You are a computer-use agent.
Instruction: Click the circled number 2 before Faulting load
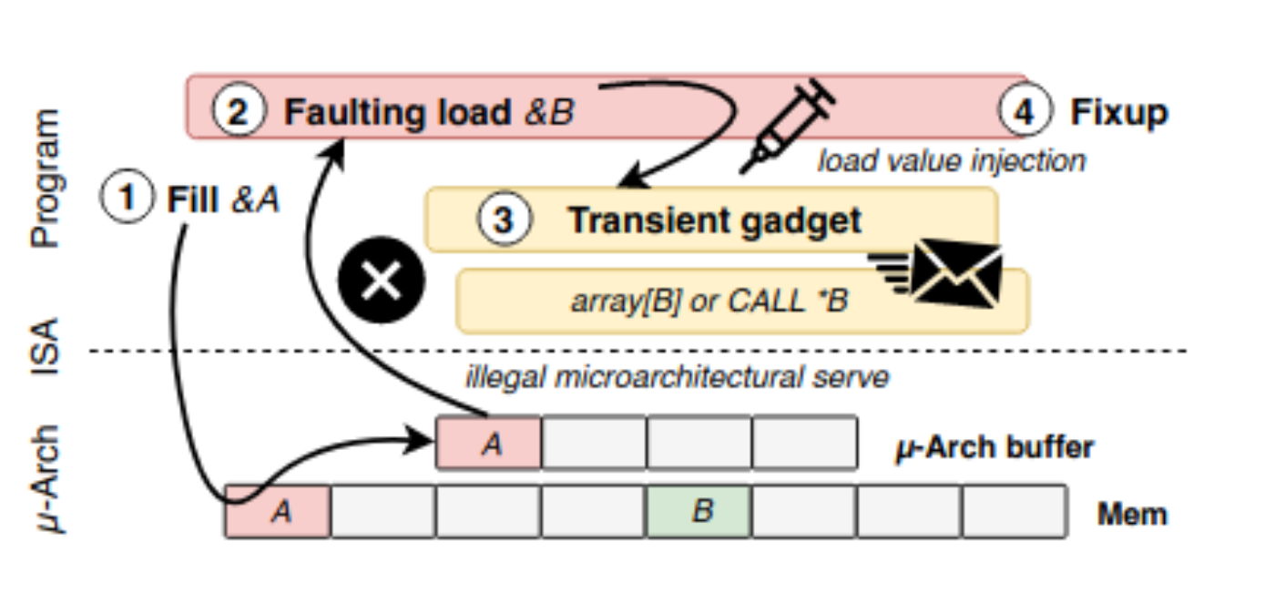click(x=239, y=112)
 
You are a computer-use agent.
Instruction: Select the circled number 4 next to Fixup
click(x=1025, y=112)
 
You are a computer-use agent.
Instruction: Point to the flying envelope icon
click(x=947, y=272)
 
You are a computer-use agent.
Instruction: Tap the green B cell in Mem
click(x=699, y=511)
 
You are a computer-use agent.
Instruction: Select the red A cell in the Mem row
click(x=279, y=511)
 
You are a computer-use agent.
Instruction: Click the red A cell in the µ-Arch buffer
click(x=489, y=444)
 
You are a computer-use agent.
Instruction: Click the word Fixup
click(x=1118, y=113)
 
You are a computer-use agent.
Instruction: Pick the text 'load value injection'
click(x=951, y=161)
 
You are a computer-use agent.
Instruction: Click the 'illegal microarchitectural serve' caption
click(x=677, y=376)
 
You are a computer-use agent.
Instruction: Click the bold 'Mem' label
click(x=1131, y=514)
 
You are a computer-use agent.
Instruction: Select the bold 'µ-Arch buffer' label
click(x=994, y=447)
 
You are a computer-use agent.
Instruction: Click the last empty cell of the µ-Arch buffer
click(x=804, y=444)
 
